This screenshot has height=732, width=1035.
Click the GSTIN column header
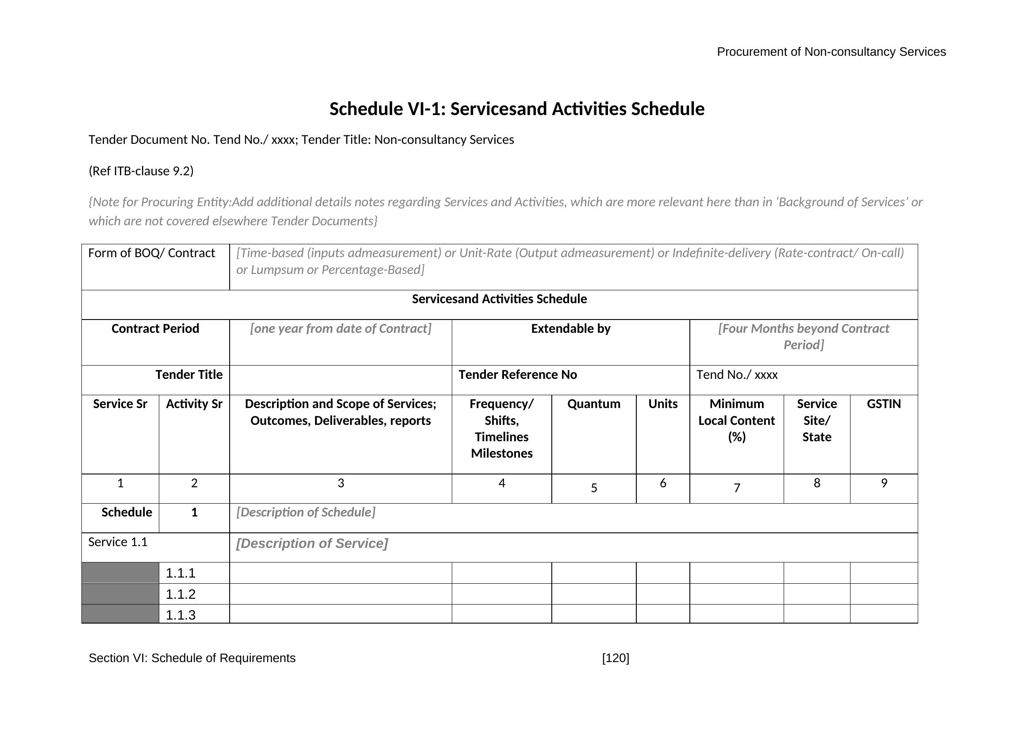[x=884, y=404]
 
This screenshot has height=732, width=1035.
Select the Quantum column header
[x=594, y=404]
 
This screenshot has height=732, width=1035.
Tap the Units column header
[x=663, y=404]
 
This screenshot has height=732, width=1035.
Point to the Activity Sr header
[x=194, y=404]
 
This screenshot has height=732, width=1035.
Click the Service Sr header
[x=120, y=404]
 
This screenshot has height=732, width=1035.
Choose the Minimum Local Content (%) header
[x=737, y=420]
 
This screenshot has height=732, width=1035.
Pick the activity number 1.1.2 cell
[x=181, y=594]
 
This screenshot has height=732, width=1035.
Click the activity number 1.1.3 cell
[x=181, y=615]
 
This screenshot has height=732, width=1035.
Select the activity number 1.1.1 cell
[x=181, y=573]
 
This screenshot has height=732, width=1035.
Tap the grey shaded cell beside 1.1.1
[x=120, y=573]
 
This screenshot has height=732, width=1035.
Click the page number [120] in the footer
[x=616, y=658]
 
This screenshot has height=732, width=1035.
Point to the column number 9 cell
[x=884, y=483]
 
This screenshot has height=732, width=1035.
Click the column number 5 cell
[x=594, y=488]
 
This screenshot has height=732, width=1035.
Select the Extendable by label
[x=571, y=328]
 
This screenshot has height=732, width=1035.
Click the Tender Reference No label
[x=518, y=374]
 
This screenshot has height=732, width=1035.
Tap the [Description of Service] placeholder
[x=312, y=543]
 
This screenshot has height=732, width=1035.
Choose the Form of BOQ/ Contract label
[x=151, y=253]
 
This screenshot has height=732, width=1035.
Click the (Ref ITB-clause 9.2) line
[x=141, y=171]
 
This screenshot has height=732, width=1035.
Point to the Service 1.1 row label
[x=118, y=542]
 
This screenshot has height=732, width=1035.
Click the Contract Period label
[x=155, y=328]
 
